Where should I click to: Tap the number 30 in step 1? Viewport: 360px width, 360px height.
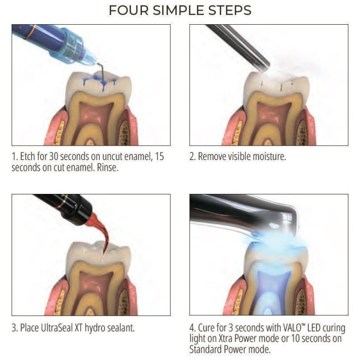[53, 156]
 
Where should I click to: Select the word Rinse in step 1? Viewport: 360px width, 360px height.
[107, 168]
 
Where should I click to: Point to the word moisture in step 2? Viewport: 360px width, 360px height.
[269, 156]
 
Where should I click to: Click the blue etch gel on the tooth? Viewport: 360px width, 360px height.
[100, 82]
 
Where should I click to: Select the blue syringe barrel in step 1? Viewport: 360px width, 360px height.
[37, 39]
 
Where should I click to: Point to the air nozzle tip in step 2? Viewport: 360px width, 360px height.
[264, 66]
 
